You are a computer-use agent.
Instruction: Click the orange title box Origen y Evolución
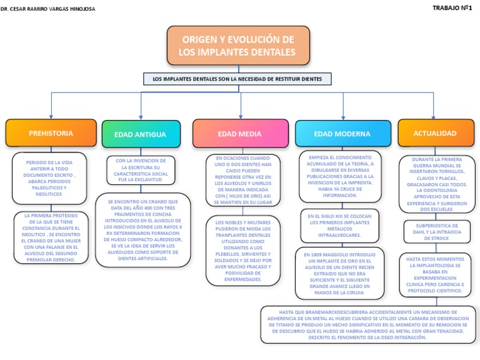click(237, 46)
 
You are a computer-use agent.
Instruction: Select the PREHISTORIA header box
click(51, 133)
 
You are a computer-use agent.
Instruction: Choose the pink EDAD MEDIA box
click(239, 134)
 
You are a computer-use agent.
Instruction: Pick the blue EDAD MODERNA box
click(342, 134)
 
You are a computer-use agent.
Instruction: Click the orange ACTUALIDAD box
click(434, 133)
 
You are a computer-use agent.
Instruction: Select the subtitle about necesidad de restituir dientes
click(237, 79)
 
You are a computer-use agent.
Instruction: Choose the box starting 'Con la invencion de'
click(141, 170)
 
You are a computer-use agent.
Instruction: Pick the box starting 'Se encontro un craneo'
click(143, 230)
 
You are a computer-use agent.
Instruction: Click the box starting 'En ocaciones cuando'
click(243, 181)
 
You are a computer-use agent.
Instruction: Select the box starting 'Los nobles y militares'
click(243, 250)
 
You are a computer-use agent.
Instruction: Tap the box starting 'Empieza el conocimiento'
click(341, 176)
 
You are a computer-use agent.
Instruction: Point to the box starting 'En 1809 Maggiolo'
click(339, 273)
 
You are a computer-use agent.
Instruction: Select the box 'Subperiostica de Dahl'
click(436, 231)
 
